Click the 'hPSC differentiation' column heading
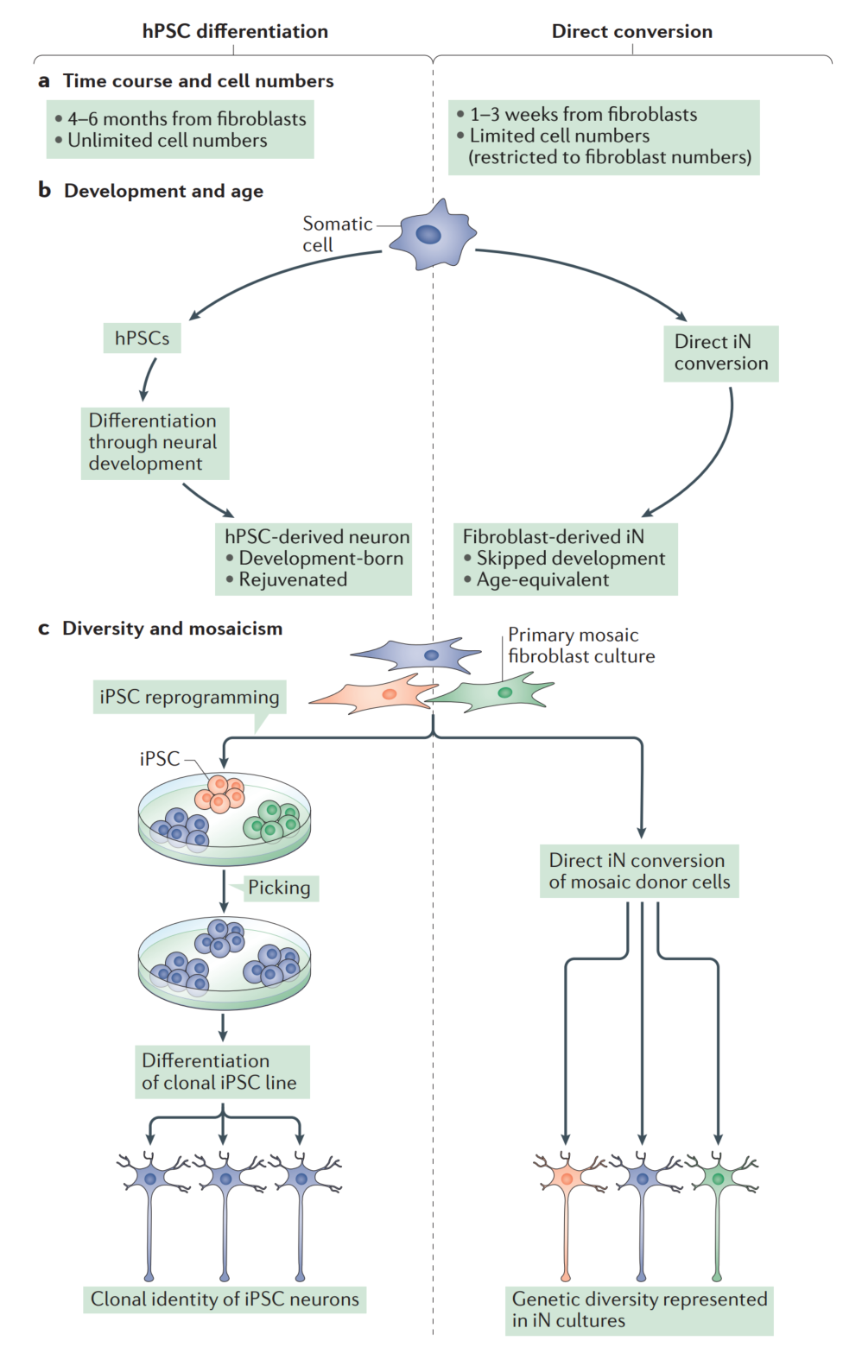pyautogui.click(x=235, y=32)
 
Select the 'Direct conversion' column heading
pyautogui.click(x=632, y=32)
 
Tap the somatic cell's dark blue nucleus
pyautogui.click(x=428, y=234)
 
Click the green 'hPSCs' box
pyautogui.click(x=143, y=338)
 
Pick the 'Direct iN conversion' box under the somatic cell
pyautogui.click(x=720, y=353)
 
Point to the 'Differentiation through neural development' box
pyautogui.click(x=154, y=443)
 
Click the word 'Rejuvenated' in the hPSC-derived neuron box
pyautogui.click(x=293, y=580)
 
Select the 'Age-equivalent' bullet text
pyautogui.click(x=542, y=580)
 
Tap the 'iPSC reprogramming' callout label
pyautogui.click(x=189, y=697)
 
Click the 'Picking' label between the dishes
pyautogui.click(x=279, y=888)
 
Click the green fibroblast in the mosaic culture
pyautogui.click(x=496, y=692)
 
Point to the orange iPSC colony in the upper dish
pyautogui.click(x=220, y=793)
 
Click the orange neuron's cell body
pyautogui.click(x=567, y=1179)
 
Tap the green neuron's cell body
pyautogui.click(x=718, y=1179)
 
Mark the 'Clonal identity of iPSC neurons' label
pyautogui.click(x=225, y=1300)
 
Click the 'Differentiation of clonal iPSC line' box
pyautogui.click(x=221, y=1072)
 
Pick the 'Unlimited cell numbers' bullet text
pyautogui.click(x=168, y=141)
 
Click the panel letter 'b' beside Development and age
pyautogui.click(x=45, y=190)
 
